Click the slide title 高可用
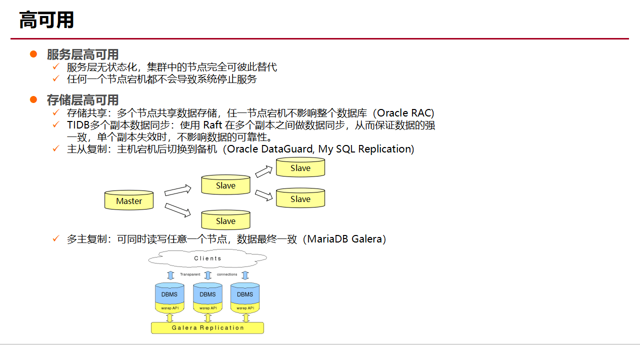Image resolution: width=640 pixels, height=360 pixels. click(x=46, y=20)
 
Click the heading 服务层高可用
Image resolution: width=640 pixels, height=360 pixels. click(x=82, y=54)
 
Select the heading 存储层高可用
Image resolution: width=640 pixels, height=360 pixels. click(x=82, y=100)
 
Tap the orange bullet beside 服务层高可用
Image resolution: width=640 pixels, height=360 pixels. click(x=33, y=54)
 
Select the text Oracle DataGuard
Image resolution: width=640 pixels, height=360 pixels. click(x=270, y=149)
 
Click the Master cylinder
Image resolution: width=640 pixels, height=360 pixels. click(x=129, y=200)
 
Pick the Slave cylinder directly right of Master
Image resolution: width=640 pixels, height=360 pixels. click(x=225, y=185)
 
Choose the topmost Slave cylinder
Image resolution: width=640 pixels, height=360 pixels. click(x=300, y=167)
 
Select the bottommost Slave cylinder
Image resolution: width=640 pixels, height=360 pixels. click(x=225, y=220)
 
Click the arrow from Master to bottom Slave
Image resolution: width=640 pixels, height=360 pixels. click(x=178, y=210)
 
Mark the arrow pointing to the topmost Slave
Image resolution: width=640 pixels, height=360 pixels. click(x=263, y=171)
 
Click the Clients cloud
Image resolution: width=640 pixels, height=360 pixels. click(x=207, y=258)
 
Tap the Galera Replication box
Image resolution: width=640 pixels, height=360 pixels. click(x=207, y=328)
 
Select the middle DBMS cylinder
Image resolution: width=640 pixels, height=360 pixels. click(x=207, y=294)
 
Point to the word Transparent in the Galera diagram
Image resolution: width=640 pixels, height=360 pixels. click(x=190, y=274)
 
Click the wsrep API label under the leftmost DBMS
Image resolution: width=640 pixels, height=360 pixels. click(x=169, y=308)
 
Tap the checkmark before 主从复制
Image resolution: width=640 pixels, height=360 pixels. click(x=56, y=149)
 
